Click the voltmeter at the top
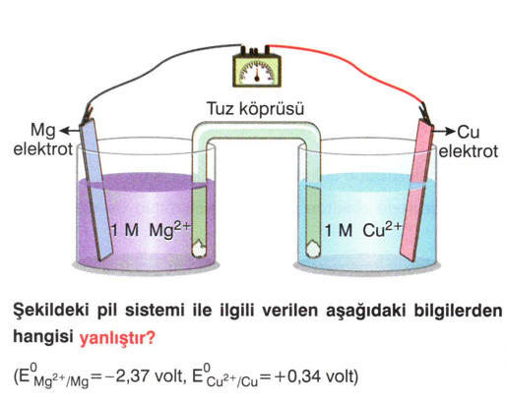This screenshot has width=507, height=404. [x=257, y=68]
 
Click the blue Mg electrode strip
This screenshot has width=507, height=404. [x=96, y=190]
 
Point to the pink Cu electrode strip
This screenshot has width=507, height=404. [x=416, y=190]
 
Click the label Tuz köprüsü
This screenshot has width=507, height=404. [x=255, y=109]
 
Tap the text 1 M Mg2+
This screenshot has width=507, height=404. [x=151, y=230]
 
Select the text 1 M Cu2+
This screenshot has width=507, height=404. [x=363, y=230]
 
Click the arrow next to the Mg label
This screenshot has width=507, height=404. [x=70, y=131]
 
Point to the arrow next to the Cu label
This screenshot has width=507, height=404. [x=444, y=132]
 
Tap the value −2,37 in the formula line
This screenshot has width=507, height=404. [x=127, y=377]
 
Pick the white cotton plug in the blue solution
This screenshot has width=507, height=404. [x=313, y=250]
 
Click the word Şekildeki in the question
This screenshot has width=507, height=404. [x=52, y=310]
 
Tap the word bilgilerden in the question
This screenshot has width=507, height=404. [x=458, y=310]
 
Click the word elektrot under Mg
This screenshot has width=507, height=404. [x=42, y=149]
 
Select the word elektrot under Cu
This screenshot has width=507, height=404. [x=469, y=151]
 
